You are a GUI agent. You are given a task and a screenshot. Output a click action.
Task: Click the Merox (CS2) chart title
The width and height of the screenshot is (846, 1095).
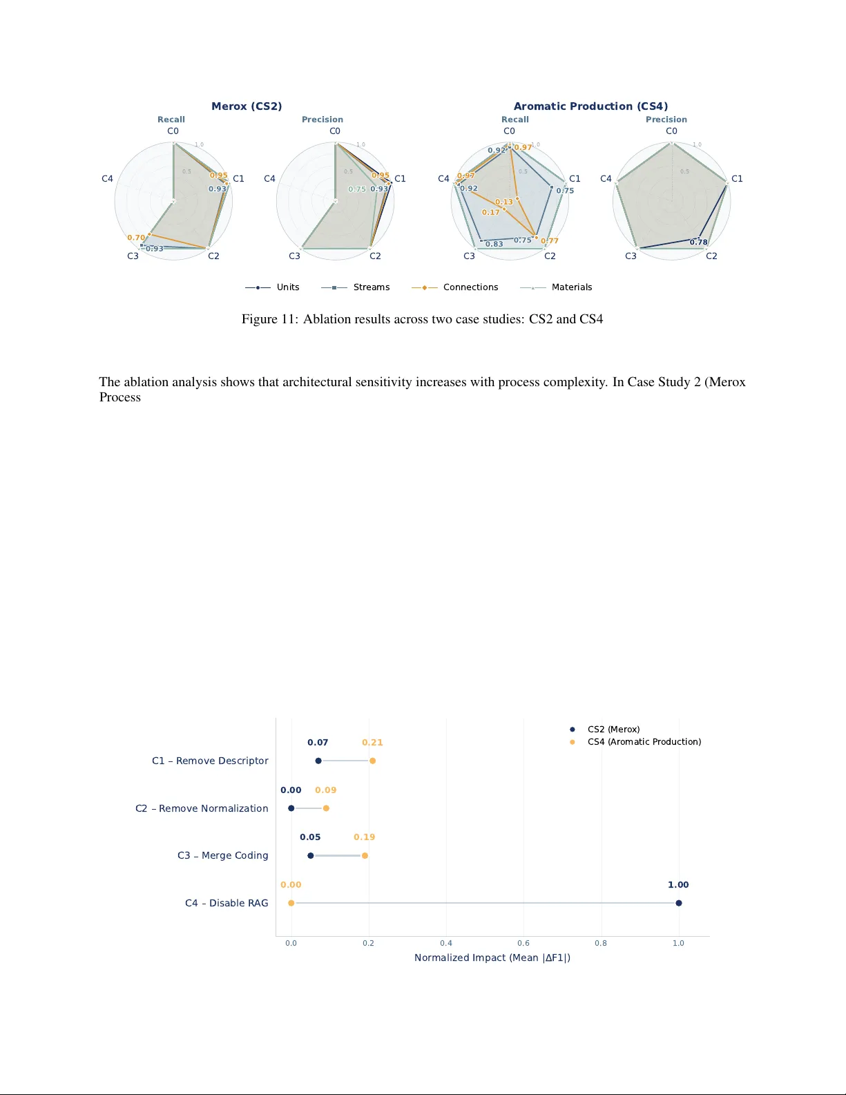click(247, 106)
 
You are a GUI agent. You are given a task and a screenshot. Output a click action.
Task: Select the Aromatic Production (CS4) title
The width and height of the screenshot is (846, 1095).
click(590, 106)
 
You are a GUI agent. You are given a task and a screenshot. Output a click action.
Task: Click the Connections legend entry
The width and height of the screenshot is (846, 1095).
click(470, 287)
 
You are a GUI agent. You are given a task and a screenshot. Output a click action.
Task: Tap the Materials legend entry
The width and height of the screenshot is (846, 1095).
click(571, 287)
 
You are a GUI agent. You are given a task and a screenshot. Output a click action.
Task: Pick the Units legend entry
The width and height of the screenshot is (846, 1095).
click(288, 287)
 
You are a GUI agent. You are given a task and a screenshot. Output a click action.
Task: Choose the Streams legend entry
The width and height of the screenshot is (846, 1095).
click(372, 287)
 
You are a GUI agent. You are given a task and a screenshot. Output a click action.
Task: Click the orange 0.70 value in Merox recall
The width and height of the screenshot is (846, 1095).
click(135, 238)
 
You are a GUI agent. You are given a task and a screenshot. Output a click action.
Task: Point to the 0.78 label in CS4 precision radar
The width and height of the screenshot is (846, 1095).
click(698, 242)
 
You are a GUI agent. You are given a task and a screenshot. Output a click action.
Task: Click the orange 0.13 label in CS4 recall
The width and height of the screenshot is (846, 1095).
click(503, 202)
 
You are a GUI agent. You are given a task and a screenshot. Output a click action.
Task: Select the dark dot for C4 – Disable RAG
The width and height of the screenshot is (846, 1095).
click(678, 903)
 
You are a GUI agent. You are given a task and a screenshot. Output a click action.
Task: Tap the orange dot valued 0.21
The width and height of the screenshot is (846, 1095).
click(372, 761)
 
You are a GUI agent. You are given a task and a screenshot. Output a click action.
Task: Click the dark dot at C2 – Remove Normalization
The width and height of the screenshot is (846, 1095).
click(291, 808)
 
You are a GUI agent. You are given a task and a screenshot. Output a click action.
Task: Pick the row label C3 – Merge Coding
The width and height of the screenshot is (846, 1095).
click(222, 855)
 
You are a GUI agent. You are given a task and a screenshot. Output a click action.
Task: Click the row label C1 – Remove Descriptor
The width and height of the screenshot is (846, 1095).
click(210, 761)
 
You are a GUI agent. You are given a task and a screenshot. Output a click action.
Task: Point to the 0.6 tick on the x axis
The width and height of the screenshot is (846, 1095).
click(523, 943)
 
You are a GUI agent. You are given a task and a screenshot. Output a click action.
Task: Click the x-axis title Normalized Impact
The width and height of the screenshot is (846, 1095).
click(492, 958)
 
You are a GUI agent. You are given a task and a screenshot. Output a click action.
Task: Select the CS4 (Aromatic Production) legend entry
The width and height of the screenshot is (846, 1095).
click(644, 742)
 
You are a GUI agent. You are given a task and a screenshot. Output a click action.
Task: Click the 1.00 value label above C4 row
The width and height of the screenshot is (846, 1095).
click(677, 885)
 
